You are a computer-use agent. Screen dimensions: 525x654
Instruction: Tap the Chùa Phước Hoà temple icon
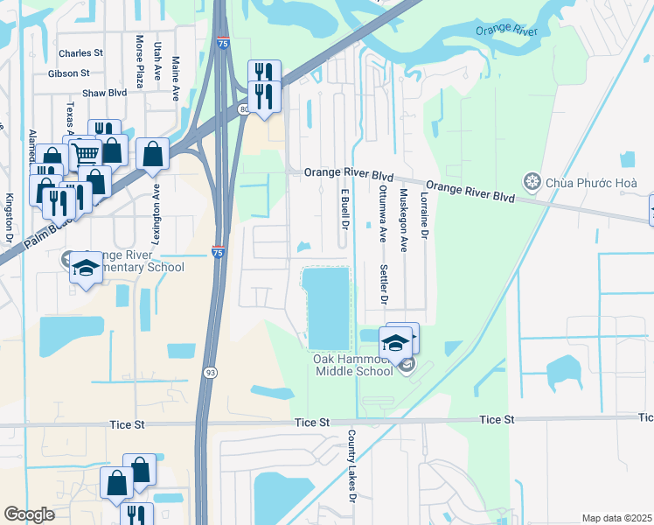point(532,182)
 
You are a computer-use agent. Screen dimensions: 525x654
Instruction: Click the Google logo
point(29,514)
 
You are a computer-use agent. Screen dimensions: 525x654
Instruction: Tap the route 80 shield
point(243,108)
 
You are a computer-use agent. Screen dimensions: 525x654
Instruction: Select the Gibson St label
point(69,73)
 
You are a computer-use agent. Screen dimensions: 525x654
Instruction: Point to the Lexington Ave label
point(157,206)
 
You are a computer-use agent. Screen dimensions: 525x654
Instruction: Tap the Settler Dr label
point(383,283)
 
